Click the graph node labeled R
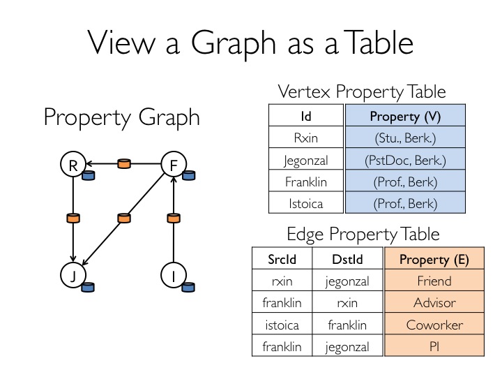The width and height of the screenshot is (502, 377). pos(73,164)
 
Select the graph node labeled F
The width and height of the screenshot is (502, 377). pos(174,164)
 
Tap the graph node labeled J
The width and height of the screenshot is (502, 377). pos(73,275)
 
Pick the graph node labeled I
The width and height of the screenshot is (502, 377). pos(174,275)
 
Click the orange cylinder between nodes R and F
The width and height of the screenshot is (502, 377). pos(124,163)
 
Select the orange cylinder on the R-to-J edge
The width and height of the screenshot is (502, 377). pos(73,218)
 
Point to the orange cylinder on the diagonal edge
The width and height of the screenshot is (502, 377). pos(124,218)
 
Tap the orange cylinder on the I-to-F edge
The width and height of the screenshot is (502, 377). pos(174,218)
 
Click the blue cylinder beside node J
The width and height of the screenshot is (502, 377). pos(88,287)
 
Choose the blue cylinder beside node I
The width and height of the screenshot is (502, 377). pos(188,287)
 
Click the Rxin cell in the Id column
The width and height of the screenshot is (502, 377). pos(306,138)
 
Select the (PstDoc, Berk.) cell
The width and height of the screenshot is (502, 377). pos(405,159)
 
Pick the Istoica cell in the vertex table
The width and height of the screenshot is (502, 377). pos(306,203)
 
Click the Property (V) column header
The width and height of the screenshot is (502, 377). pos(405,115)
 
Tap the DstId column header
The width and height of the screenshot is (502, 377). pos(347,259)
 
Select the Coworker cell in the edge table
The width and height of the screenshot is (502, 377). pos(434,324)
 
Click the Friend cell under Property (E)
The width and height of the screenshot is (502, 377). pos(434,281)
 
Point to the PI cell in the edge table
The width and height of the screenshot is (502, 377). pos(434,346)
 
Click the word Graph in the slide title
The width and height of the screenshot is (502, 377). pos(234,43)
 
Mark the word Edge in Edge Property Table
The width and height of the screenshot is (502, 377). pos(305,235)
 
